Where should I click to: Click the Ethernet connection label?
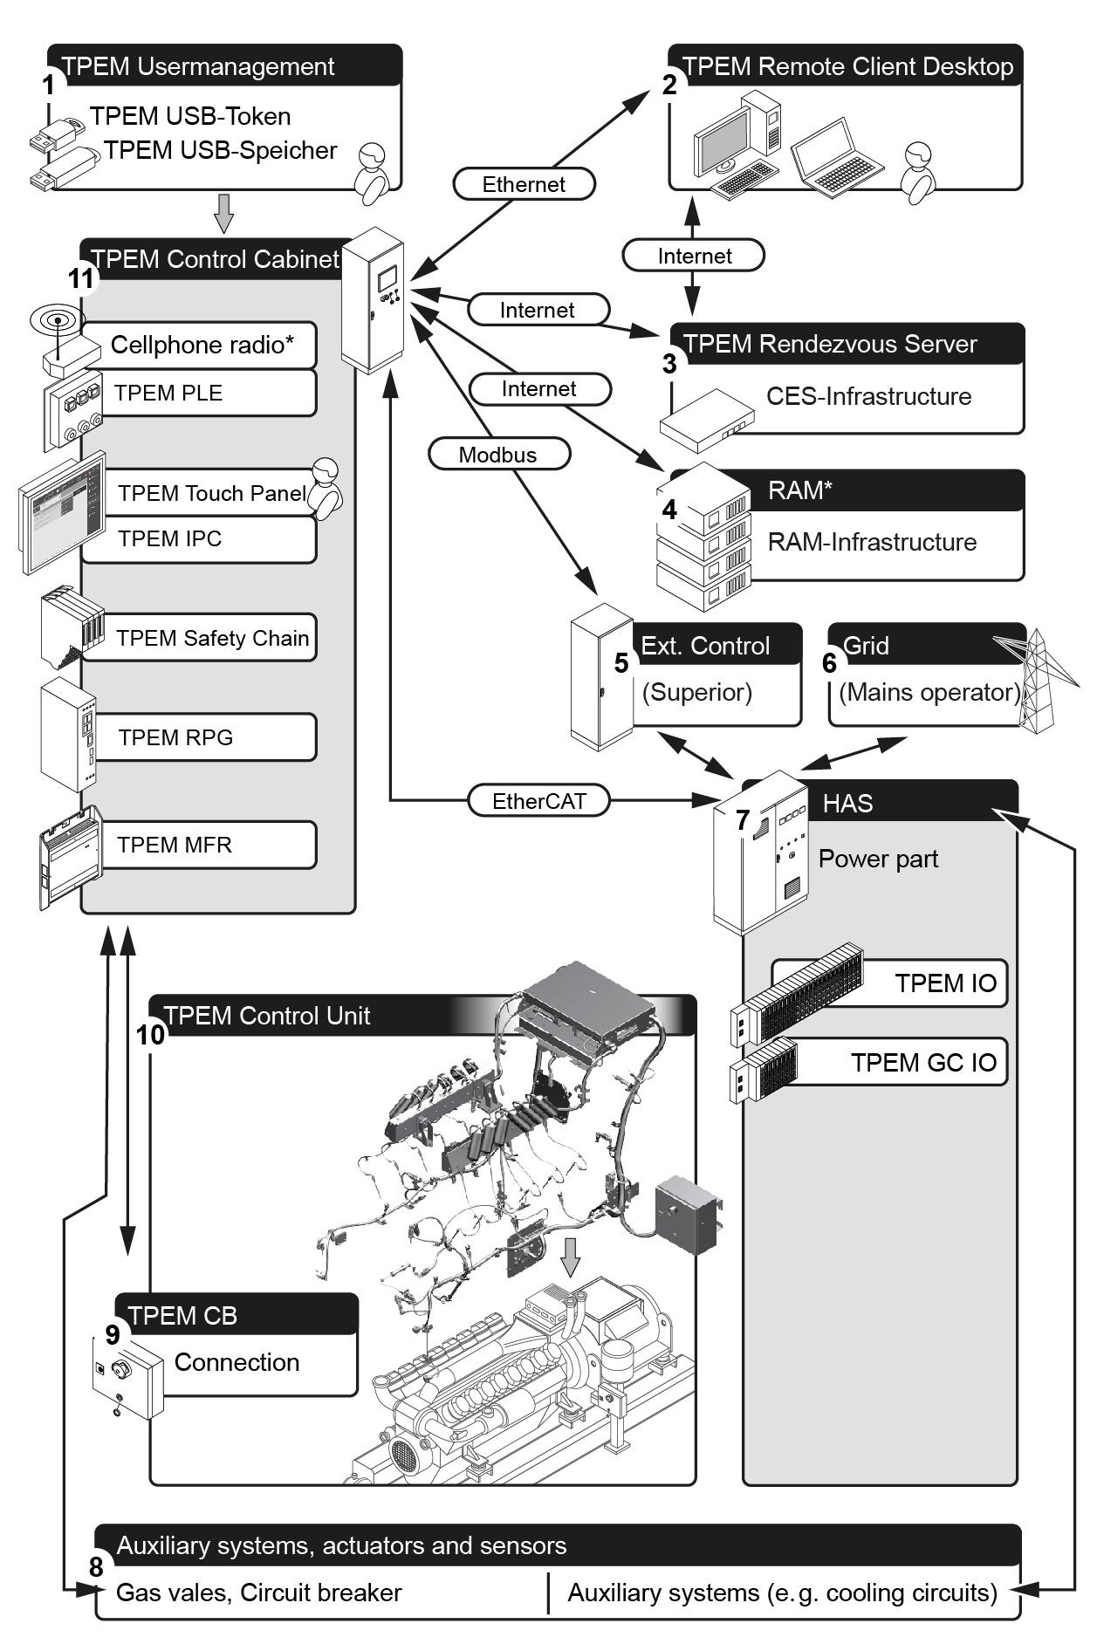click(524, 184)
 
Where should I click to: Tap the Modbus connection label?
click(498, 454)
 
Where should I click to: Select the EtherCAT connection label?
click(538, 801)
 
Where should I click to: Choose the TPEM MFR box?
click(206, 845)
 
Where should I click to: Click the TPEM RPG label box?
click(206, 737)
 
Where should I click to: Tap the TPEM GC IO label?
click(923, 1062)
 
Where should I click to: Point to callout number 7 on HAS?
click(743, 820)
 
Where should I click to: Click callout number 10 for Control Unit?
click(150, 1034)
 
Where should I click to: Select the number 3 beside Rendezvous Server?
click(669, 364)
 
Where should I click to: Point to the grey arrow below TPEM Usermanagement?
click(224, 212)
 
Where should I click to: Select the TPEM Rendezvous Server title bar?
click(847, 344)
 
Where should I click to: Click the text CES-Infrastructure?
click(868, 396)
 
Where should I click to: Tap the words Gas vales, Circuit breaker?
click(258, 1592)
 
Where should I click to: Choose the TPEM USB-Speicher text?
click(220, 150)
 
